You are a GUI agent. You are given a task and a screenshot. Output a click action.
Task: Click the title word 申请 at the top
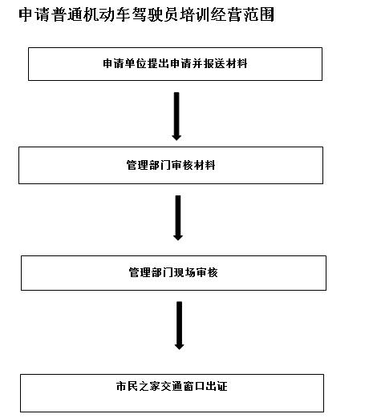[34, 14]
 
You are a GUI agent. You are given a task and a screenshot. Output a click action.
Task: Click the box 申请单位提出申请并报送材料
[175, 64]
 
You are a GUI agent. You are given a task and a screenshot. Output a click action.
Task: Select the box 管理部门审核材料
[171, 165]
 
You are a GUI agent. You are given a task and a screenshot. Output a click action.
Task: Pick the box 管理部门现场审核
[173, 273]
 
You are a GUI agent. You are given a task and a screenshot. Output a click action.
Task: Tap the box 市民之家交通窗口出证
[172, 393]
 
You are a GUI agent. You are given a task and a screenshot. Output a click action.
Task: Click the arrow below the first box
[176, 116]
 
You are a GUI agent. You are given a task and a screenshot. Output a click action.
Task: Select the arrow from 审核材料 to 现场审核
[178, 218]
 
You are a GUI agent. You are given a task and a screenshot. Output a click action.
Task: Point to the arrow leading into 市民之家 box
[179, 326]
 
